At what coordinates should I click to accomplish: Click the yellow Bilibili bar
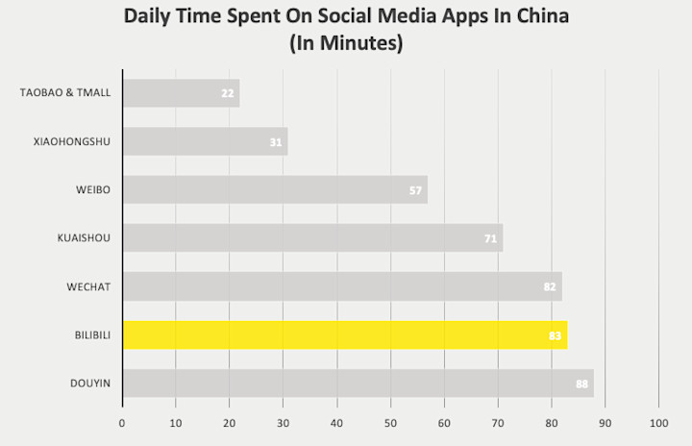344,334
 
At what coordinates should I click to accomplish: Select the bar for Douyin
358,383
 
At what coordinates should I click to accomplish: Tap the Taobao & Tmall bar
181,93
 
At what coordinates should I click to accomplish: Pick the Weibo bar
274,189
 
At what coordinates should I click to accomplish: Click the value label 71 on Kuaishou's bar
490,238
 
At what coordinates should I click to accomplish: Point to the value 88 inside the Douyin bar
581,384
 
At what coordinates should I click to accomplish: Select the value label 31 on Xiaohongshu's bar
276,142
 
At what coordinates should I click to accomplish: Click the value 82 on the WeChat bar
550,286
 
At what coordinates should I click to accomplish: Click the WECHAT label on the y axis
89,286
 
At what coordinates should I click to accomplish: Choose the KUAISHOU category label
85,237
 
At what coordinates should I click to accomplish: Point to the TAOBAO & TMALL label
65,93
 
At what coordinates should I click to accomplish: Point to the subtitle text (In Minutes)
345,43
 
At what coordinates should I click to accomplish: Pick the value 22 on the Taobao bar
227,94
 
